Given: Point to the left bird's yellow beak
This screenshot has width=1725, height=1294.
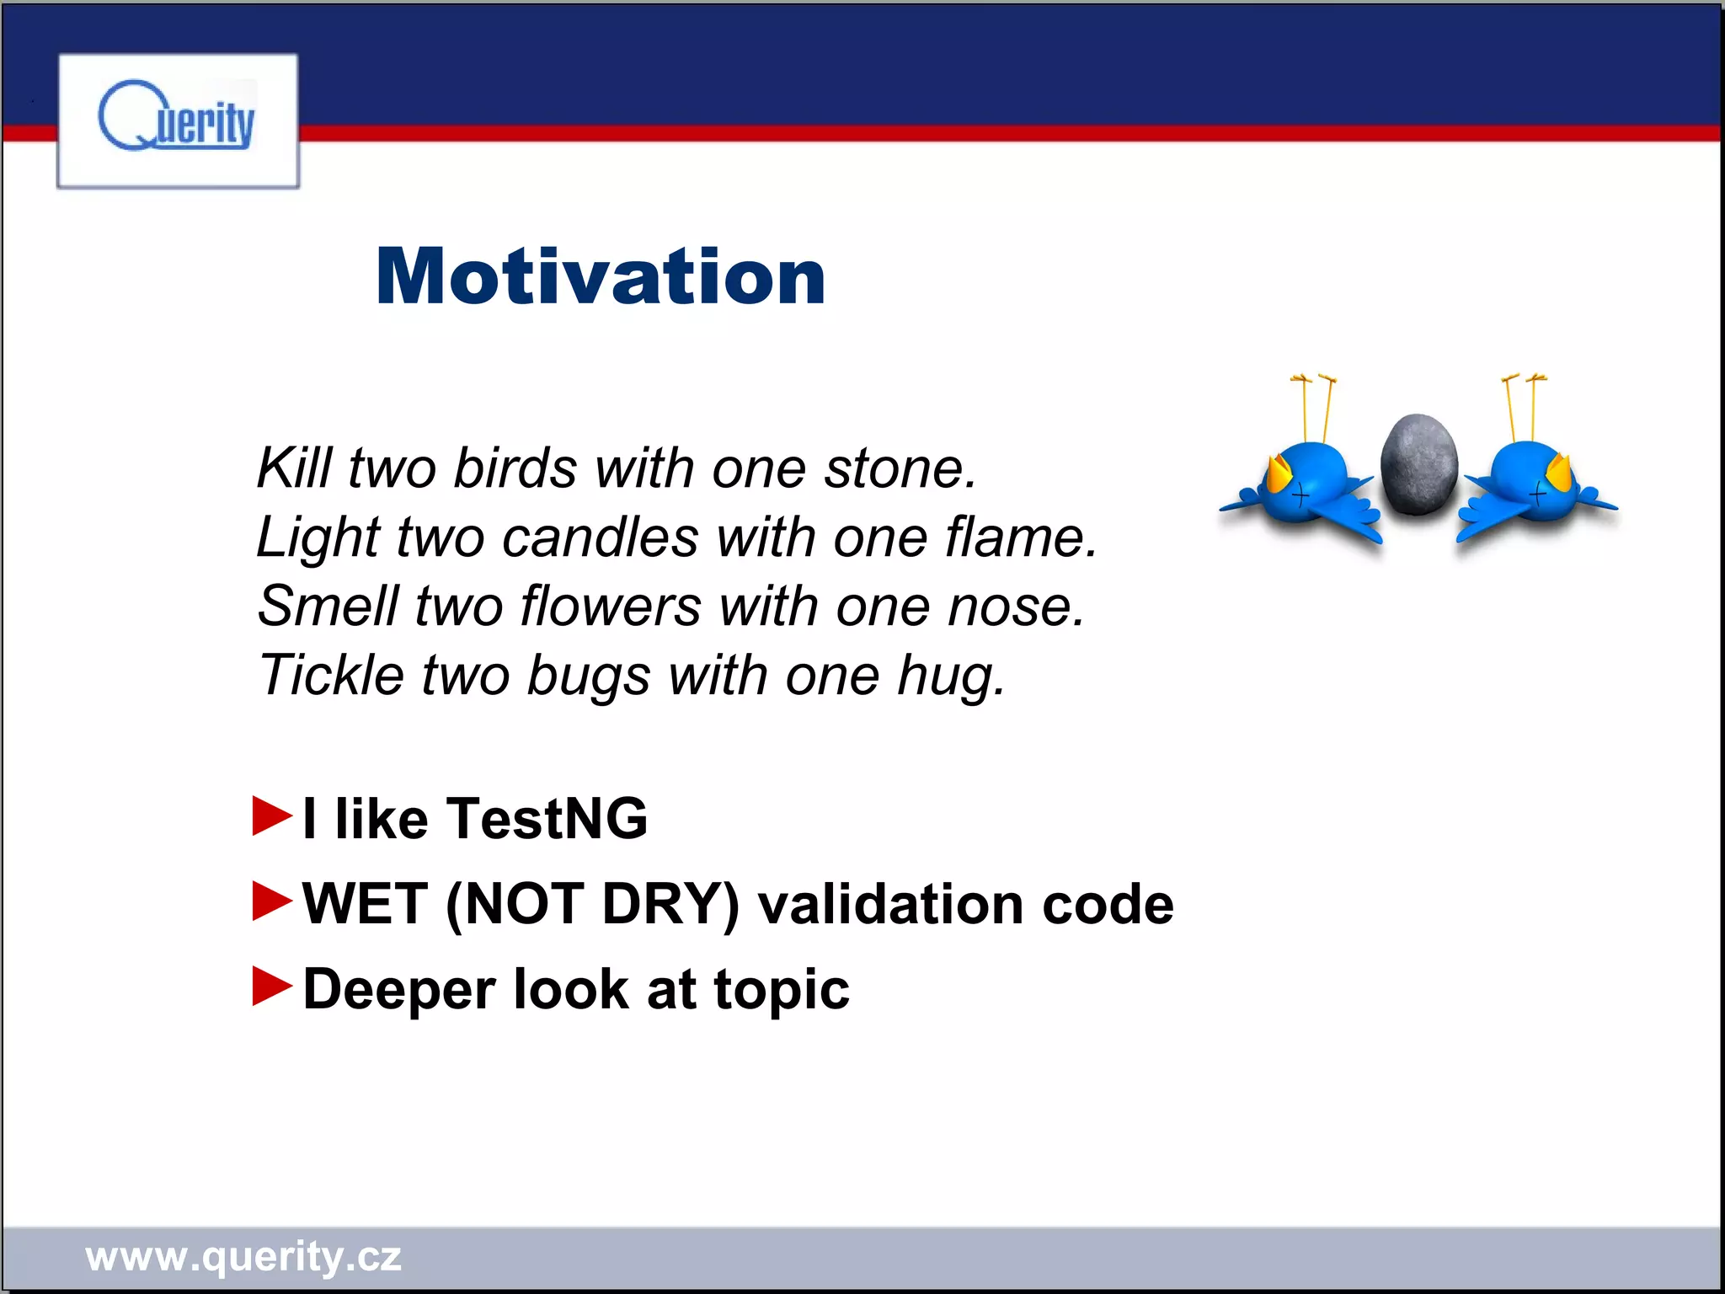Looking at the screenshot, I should [1279, 474].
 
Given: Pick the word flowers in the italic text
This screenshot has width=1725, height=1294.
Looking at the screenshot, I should [610, 606].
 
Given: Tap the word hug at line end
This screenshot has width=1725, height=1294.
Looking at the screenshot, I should [948, 676].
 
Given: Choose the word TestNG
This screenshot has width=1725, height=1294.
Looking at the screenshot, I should [547, 818].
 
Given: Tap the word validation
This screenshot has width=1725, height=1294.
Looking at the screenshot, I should [889, 904].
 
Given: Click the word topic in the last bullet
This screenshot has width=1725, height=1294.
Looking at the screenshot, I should [781, 990].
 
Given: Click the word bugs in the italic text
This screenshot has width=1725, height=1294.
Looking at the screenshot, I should [588, 676].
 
